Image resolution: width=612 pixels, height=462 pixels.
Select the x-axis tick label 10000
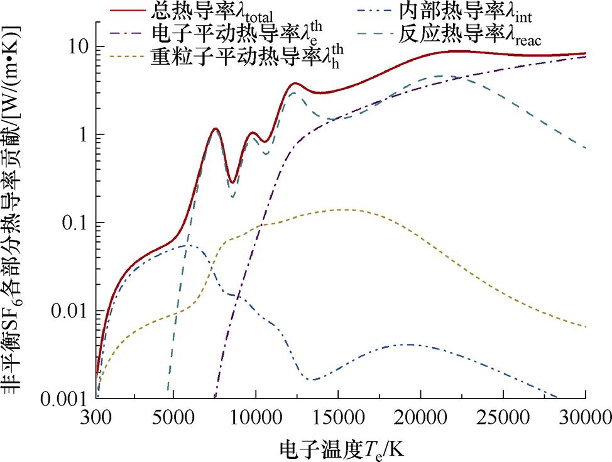point(256,417)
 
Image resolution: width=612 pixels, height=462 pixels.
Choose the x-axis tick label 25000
point(503,417)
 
